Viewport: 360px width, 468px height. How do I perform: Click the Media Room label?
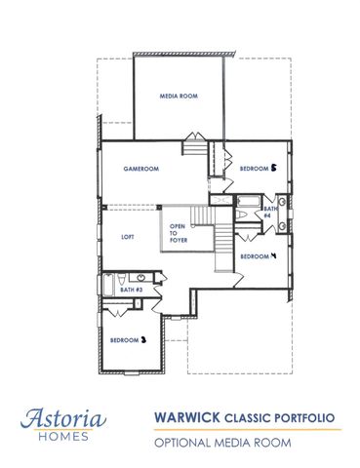click(179, 96)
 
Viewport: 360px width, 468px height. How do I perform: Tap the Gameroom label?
click(140, 169)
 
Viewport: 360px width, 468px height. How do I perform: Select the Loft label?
click(127, 237)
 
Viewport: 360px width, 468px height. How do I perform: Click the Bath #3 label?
click(132, 290)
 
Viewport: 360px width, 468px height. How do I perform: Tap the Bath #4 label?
click(268, 212)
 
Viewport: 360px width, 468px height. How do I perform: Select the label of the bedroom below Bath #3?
click(128, 340)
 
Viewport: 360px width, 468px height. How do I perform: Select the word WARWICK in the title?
click(186, 416)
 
